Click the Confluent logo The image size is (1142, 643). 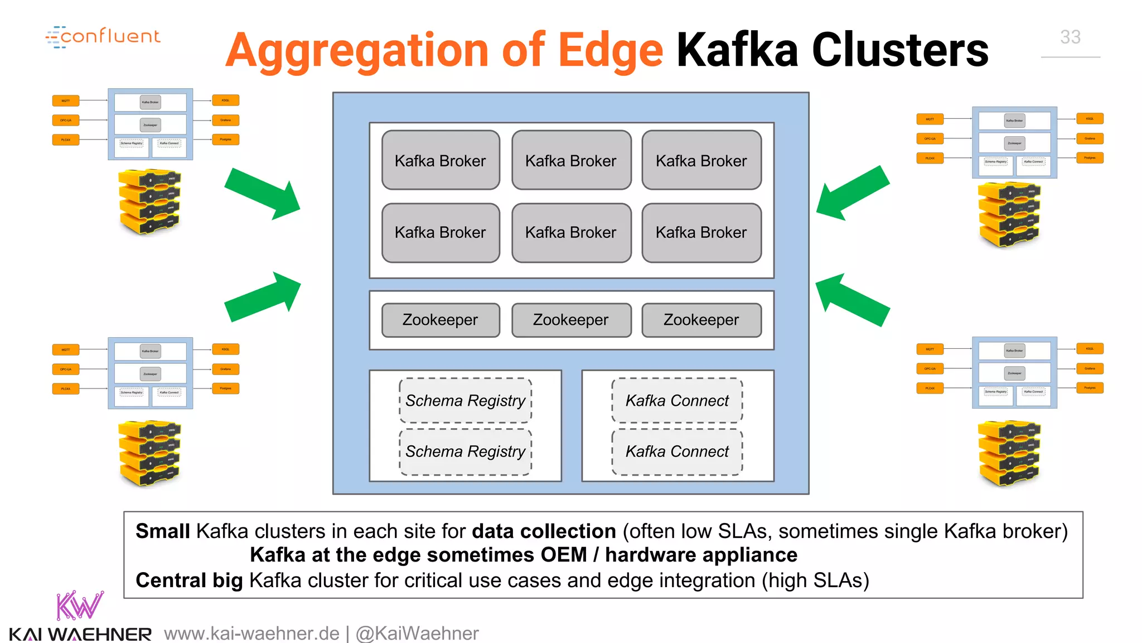pyautogui.click(x=103, y=37)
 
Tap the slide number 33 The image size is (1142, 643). pyautogui.click(x=1070, y=37)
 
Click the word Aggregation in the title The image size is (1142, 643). pyautogui.click(x=357, y=51)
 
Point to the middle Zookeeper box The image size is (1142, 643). pyautogui.click(x=571, y=320)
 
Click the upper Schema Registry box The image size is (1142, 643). pyautogui.click(x=465, y=401)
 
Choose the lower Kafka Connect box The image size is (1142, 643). pyautogui.click(x=677, y=452)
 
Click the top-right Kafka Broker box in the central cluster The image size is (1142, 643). pyautogui.click(x=701, y=161)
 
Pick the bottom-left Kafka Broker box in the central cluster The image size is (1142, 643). pyautogui.click(x=441, y=233)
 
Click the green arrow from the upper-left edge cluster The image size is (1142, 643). pyautogui.click(x=263, y=193)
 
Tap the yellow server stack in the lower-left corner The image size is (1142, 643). pyautogui.click(x=149, y=453)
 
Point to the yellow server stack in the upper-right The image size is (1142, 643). pyautogui.click(x=1009, y=215)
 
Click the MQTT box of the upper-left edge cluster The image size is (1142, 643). pyautogui.click(x=66, y=101)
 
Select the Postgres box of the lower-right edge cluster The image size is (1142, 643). pyautogui.click(x=1090, y=388)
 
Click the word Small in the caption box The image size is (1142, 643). pyautogui.click(x=162, y=531)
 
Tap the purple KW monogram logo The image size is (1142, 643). pyautogui.click(x=79, y=606)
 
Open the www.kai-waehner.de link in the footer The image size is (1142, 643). pyautogui.click(x=251, y=634)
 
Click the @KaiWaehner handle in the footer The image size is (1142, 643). pyautogui.click(x=417, y=634)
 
